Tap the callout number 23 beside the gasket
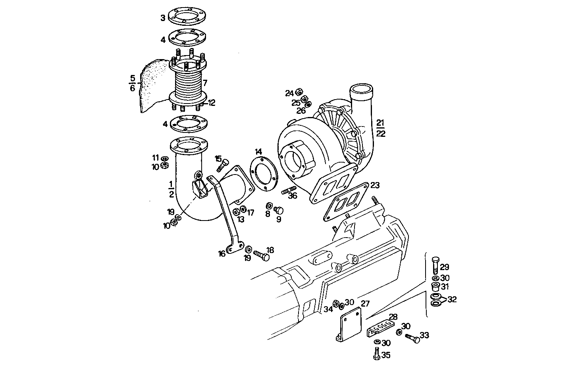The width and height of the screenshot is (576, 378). click(375, 185)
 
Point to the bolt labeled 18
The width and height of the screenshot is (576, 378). click(261, 255)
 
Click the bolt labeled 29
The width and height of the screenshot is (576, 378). click(435, 265)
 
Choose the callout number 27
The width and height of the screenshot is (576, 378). click(365, 304)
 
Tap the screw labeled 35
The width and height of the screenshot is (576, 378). click(376, 354)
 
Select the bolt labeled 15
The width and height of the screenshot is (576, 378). click(222, 164)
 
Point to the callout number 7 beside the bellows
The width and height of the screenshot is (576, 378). click(205, 83)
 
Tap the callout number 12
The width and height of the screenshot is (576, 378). click(211, 103)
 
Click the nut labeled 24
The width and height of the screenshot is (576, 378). click(299, 92)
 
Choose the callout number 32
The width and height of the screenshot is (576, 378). click(452, 299)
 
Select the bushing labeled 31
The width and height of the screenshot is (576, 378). click(435, 286)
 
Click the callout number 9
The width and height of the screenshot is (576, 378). click(279, 219)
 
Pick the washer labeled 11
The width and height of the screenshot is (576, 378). click(164, 159)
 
